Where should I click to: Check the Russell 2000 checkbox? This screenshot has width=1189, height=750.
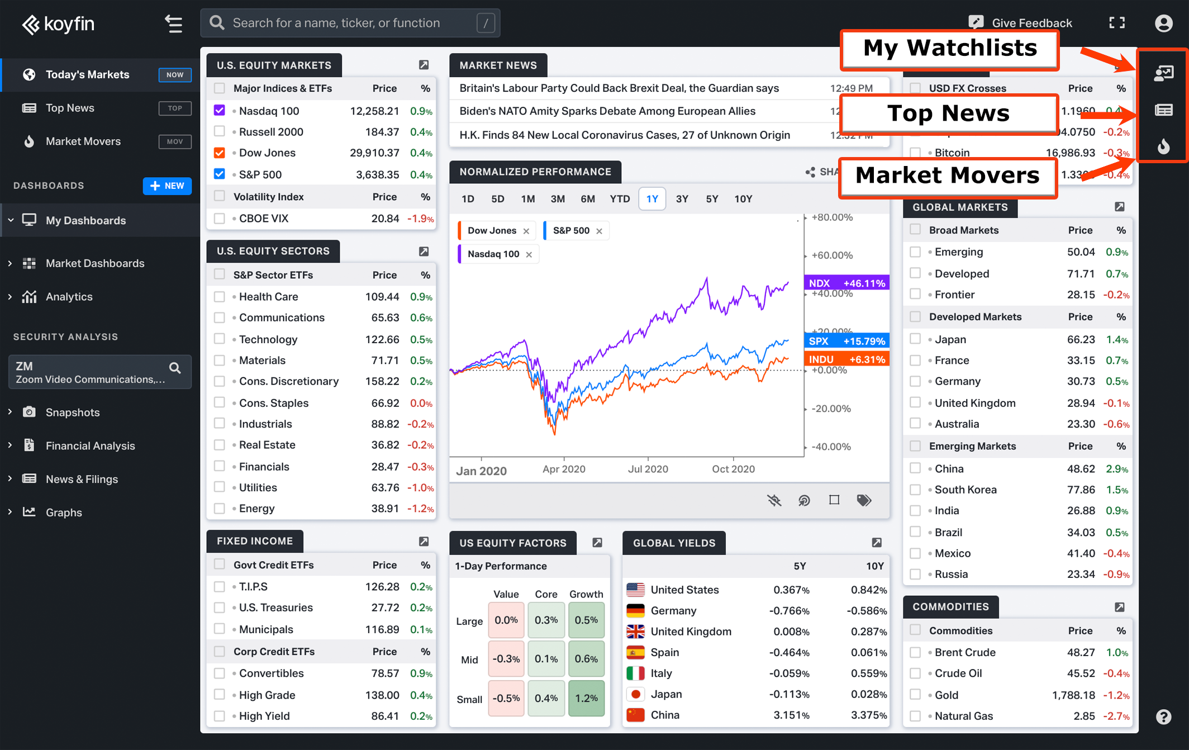pyautogui.click(x=220, y=132)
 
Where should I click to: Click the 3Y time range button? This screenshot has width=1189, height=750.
pyautogui.click(x=682, y=199)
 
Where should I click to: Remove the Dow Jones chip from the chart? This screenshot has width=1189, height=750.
pyautogui.click(x=526, y=231)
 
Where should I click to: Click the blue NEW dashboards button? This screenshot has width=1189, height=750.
pyautogui.click(x=167, y=186)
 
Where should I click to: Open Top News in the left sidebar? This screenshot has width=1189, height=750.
pyautogui.click(x=70, y=108)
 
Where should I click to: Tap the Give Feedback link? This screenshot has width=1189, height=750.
pyautogui.click(x=1021, y=23)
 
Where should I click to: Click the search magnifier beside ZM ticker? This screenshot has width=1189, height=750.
pyautogui.click(x=175, y=368)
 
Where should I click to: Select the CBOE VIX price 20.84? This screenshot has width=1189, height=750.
pyautogui.click(x=385, y=219)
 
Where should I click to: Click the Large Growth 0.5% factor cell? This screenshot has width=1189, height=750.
pyautogui.click(x=586, y=620)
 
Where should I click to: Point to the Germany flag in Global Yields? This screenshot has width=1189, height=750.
pyautogui.click(x=635, y=610)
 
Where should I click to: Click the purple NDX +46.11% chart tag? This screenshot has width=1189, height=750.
pyautogui.click(x=846, y=283)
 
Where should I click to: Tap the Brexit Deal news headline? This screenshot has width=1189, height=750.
pyautogui.click(x=619, y=88)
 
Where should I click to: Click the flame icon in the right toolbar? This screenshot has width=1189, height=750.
pyautogui.click(x=1163, y=146)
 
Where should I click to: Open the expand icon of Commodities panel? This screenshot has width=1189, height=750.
pyautogui.click(x=1120, y=607)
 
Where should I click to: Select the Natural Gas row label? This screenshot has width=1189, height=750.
pyautogui.click(x=964, y=716)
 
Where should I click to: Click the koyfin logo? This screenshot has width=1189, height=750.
pyautogui.click(x=58, y=24)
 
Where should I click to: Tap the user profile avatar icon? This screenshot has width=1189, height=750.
pyautogui.click(x=1164, y=23)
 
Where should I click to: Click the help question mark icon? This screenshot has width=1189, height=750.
pyautogui.click(x=1163, y=716)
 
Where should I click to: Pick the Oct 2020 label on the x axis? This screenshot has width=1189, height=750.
pyautogui.click(x=733, y=469)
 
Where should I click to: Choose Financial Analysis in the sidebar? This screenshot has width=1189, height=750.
pyautogui.click(x=91, y=446)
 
